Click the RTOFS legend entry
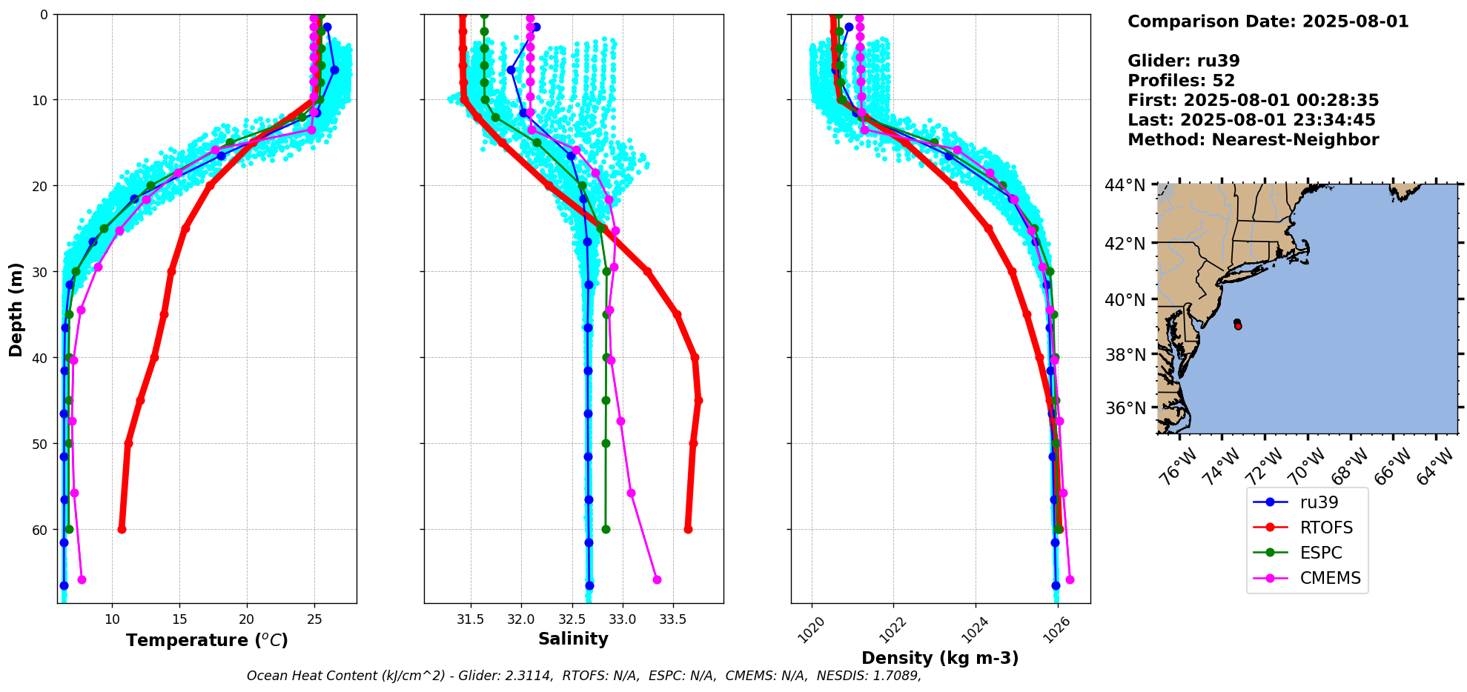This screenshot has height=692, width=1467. tap(1325, 528)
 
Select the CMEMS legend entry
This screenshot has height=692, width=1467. tap(1330, 578)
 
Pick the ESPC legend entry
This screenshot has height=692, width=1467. tap(1321, 553)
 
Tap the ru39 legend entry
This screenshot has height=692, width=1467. tap(1319, 502)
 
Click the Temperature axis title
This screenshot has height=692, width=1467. tap(207, 640)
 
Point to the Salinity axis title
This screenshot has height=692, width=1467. tap(573, 639)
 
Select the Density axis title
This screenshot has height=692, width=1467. tap(939, 658)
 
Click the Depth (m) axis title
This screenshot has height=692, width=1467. tap(16, 309)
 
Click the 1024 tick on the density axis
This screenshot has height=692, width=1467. tap(973, 628)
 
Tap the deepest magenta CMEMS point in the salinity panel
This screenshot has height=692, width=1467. tap(657, 579)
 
